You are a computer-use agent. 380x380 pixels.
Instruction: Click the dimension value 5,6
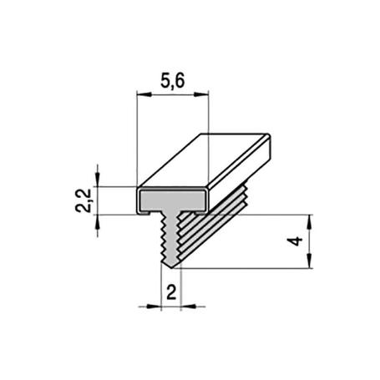pos(170,81)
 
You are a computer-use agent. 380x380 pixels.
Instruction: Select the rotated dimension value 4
pos(292,241)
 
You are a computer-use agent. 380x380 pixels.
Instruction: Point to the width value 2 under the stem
pos(170,292)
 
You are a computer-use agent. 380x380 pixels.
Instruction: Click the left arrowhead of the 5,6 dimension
pos(140,97)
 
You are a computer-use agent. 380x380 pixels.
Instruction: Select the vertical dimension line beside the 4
pos(310,241)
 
